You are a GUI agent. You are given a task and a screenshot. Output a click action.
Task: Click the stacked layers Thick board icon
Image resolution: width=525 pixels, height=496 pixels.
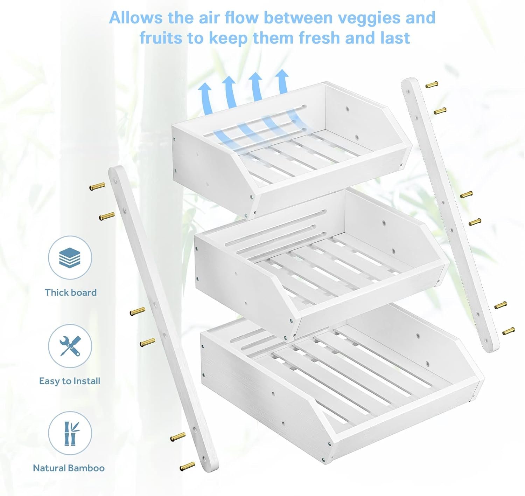70,258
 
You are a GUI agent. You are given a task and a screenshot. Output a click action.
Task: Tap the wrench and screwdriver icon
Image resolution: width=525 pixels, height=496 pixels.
70,346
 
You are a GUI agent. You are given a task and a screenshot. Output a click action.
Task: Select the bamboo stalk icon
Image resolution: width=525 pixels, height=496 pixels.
70,433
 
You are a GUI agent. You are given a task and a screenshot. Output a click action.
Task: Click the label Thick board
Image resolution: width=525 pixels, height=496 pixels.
71,292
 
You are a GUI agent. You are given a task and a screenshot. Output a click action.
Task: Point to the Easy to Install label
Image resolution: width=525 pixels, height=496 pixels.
70,381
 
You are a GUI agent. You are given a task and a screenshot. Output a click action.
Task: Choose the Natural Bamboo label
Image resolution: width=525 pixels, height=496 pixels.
69,468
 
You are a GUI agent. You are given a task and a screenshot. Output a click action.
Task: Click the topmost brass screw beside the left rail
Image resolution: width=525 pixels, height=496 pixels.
97,186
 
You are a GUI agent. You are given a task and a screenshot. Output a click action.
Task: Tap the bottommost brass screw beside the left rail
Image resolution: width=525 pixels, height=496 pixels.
187,466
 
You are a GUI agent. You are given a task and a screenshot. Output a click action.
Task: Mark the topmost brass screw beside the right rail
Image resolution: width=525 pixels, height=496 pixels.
432,84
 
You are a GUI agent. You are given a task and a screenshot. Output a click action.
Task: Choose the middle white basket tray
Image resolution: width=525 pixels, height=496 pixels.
315,266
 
